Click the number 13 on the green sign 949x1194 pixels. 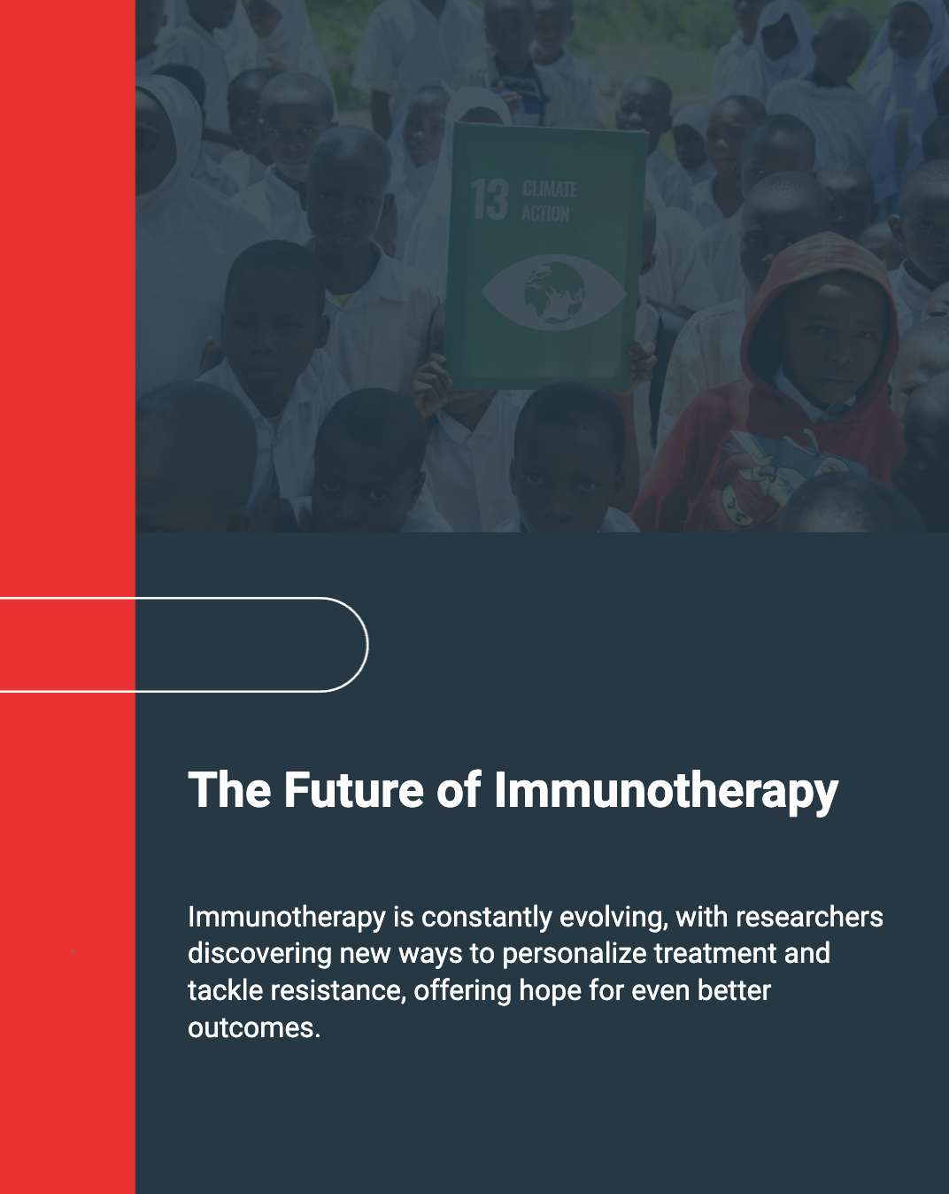(x=489, y=199)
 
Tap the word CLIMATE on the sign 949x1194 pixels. (x=550, y=190)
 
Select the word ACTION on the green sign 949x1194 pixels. (x=545, y=213)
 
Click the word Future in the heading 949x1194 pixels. (x=354, y=789)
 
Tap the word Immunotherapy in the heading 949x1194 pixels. (x=666, y=792)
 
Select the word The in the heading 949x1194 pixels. (x=229, y=789)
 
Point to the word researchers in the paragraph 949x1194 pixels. (x=809, y=917)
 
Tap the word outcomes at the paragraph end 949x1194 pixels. (x=254, y=1028)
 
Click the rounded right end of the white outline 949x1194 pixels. (x=367, y=644)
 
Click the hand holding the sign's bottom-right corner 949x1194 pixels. (x=643, y=361)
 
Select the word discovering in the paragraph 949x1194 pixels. (x=259, y=954)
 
